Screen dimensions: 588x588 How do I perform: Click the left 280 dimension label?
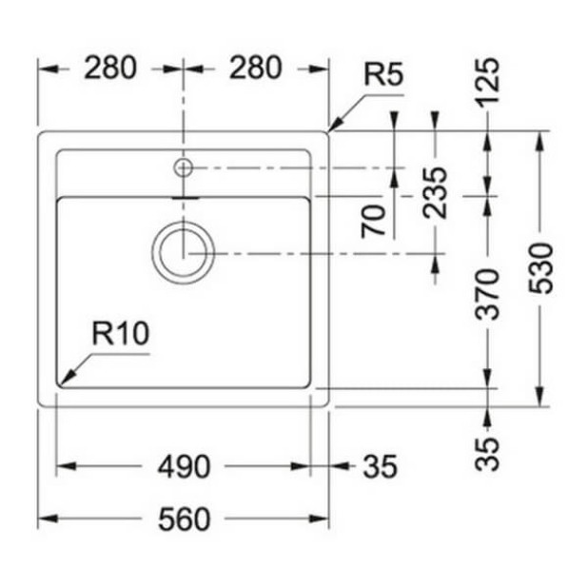(x=111, y=69)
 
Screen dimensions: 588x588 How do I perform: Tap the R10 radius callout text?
(x=120, y=334)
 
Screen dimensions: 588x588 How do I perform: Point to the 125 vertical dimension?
(x=487, y=83)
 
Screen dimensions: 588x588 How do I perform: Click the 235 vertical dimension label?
(x=435, y=192)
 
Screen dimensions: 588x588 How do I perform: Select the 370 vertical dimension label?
(x=487, y=295)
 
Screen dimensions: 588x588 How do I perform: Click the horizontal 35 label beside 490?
(x=380, y=467)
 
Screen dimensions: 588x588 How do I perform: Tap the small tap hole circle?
(x=183, y=168)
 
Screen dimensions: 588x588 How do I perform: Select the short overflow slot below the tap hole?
(x=184, y=197)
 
